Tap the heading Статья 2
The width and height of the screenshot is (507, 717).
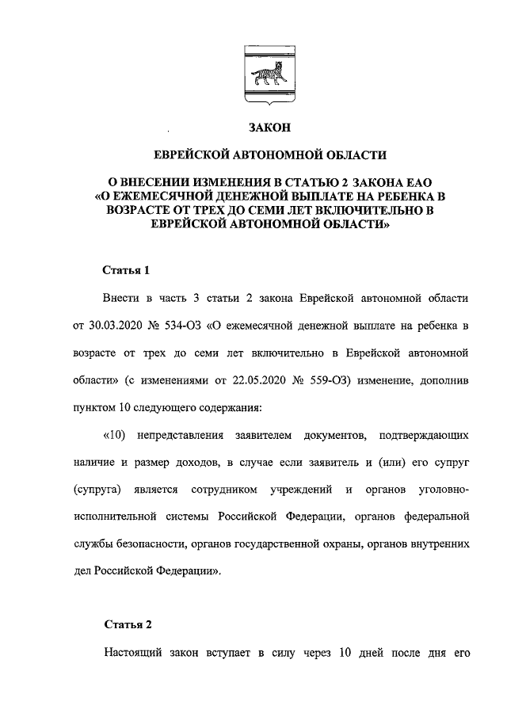pyautogui.click(x=127, y=624)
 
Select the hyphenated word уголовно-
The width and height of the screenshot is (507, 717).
pyautogui.click(x=439, y=490)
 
